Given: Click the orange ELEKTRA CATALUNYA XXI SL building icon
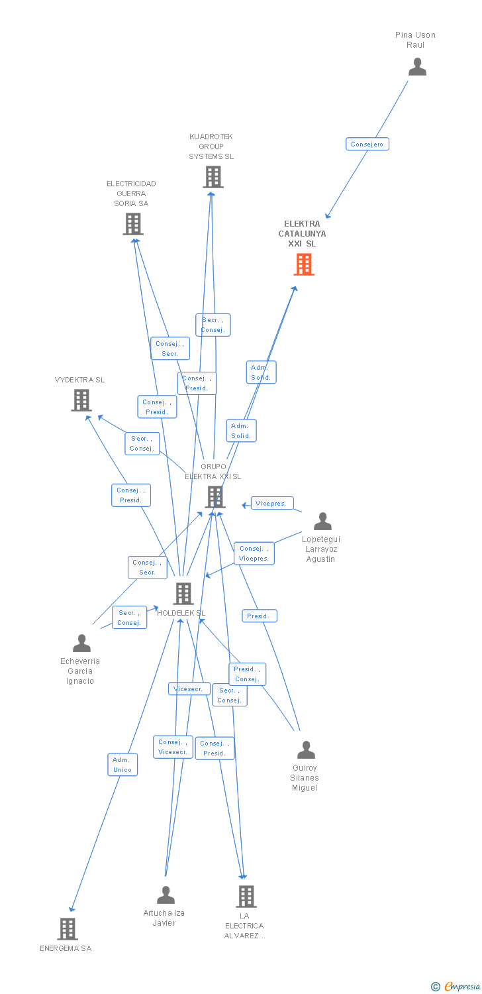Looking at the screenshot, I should point(304,264).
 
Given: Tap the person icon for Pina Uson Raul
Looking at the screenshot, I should point(417,67).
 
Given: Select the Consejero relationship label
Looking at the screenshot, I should point(367,144).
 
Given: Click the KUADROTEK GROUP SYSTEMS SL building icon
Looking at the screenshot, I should point(213,177).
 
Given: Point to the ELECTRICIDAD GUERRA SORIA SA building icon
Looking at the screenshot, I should point(133,224).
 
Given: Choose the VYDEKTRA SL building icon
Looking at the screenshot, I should point(81,400).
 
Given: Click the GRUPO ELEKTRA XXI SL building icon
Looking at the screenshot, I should point(215,496).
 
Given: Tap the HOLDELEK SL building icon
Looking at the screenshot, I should point(183,593).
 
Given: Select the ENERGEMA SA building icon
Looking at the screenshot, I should point(68,928).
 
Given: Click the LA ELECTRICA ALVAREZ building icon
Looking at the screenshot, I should point(246,896).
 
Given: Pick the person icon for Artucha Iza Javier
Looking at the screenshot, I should point(166,895).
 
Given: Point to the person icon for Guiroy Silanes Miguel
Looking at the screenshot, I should point(306,749).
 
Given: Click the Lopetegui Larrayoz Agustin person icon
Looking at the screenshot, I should point(322,522).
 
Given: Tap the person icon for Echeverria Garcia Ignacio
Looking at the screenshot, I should point(81,643).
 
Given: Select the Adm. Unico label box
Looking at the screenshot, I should point(122,764).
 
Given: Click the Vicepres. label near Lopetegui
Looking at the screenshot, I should point(271,504).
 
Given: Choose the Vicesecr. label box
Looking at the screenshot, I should point(189,689).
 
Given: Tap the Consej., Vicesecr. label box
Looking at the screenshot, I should point(173,747).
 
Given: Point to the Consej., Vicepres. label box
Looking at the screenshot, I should point(254,553).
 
